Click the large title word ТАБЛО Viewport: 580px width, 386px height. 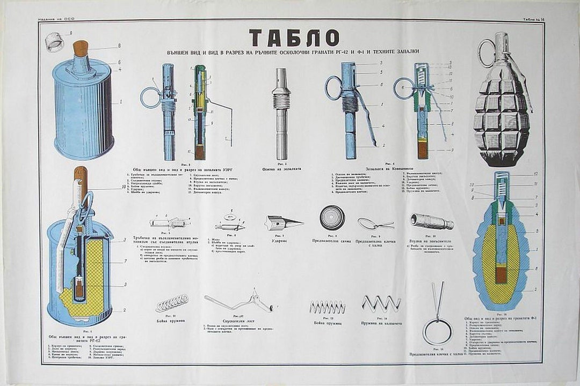click(x=294, y=38)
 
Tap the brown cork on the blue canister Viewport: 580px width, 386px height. click(x=81, y=48)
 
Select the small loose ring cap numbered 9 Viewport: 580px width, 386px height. click(x=54, y=42)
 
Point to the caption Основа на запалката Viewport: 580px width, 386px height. click(x=282, y=168)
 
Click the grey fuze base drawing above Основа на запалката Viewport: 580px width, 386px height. click(x=281, y=113)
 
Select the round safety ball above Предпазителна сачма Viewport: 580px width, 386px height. click(x=332, y=218)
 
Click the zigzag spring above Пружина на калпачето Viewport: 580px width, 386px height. click(x=381, y=304)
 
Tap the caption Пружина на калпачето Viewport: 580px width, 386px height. click(x=382, y=323)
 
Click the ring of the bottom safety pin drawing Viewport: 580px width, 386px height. click(x=437, y=332)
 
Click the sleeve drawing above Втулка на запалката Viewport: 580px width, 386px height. click(x=432, y=221)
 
